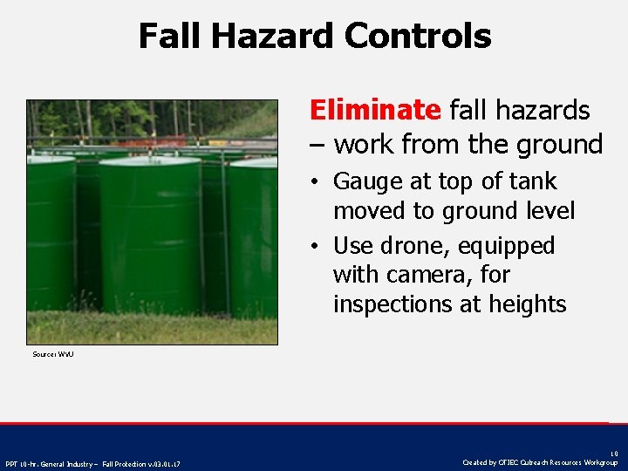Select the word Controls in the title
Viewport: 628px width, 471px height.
click(418, 37)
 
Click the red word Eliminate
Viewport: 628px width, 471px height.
click(375, 111)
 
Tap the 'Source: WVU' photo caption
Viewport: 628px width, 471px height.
click(52, 354)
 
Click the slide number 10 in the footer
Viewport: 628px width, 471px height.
click(614, 454)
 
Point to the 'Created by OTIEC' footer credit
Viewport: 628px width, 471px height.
click(540, 462)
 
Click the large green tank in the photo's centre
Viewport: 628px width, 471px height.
click(150, 235)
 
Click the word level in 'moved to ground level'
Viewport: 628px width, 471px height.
click(547, 211)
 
